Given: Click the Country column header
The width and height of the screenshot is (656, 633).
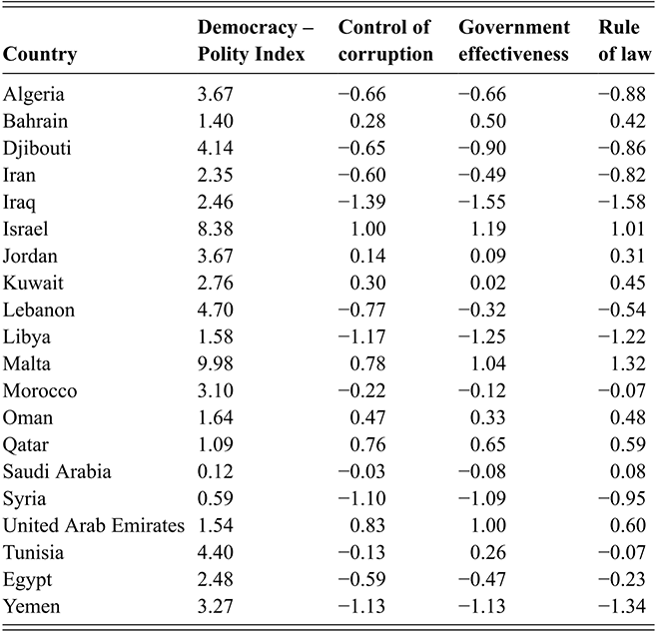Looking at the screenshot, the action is pos(40,54).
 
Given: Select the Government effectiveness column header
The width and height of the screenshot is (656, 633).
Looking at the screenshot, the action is pos(514,41).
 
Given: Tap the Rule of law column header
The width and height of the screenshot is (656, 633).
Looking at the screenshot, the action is pos(625,41).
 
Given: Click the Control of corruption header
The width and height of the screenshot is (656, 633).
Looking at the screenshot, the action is pos(385,41).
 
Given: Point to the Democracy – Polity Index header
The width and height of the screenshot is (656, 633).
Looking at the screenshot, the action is pos(256,41).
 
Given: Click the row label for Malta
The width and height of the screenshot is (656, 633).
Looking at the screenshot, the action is pos(26,363).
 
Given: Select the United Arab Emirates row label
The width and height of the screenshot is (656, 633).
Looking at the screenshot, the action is pos(93,525).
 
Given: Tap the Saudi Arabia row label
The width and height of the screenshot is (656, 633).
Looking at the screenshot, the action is pos(57,471).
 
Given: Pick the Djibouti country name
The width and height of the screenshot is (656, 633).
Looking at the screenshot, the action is pos(37,148).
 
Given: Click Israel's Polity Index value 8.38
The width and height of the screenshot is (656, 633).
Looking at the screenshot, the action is pos(215,229).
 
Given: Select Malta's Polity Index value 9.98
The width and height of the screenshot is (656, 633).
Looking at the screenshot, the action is pos(215,363).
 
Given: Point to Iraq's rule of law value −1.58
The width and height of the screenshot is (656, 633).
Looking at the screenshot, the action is pos(622,202).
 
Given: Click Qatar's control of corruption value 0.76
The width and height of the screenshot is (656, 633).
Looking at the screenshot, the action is pos(367,444).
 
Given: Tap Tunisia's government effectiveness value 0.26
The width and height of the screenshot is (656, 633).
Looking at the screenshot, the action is pos(488,552).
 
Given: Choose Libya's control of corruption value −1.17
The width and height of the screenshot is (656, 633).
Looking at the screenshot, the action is pos(361,336).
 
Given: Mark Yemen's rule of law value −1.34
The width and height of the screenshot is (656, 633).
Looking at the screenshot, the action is pos(622,606).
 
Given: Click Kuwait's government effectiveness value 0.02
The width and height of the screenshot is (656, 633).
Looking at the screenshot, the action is pos(488,283).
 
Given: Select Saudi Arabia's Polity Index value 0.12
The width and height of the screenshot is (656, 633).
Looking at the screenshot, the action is pos(215,471).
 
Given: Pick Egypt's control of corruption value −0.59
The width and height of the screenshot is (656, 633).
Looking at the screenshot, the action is pos(361,579).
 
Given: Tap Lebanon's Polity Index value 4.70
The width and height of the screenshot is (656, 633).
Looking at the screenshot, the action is pos(215,311).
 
